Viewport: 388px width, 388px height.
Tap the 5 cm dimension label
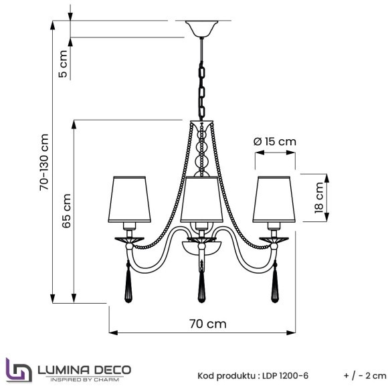click(x=63, y=66)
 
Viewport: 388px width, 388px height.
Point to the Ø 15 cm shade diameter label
click(x=275, y=142)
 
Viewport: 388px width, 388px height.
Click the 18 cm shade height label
click(x=319, y=197)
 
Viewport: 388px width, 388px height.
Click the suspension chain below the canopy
click(x=201, y=80)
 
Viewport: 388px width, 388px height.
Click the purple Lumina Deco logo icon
click(x=17, y=370)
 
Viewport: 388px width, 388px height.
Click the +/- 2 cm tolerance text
click(x=365, y=376)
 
